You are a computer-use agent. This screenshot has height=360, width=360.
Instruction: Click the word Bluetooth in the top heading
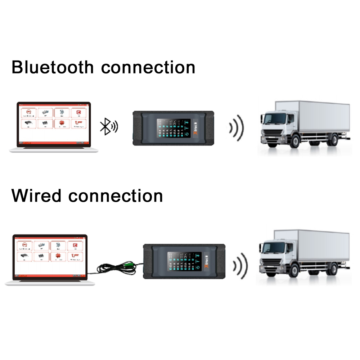click(53, 67)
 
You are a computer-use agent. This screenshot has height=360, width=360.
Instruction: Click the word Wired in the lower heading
click(36, 196)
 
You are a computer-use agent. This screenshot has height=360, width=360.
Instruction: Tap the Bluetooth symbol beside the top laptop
click(105, 126)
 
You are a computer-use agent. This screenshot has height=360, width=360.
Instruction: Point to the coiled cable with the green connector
click(119, 267)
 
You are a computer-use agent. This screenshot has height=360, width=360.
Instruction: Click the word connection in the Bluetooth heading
click(148, 67)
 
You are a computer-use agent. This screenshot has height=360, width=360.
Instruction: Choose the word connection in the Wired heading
click(116, 196)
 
